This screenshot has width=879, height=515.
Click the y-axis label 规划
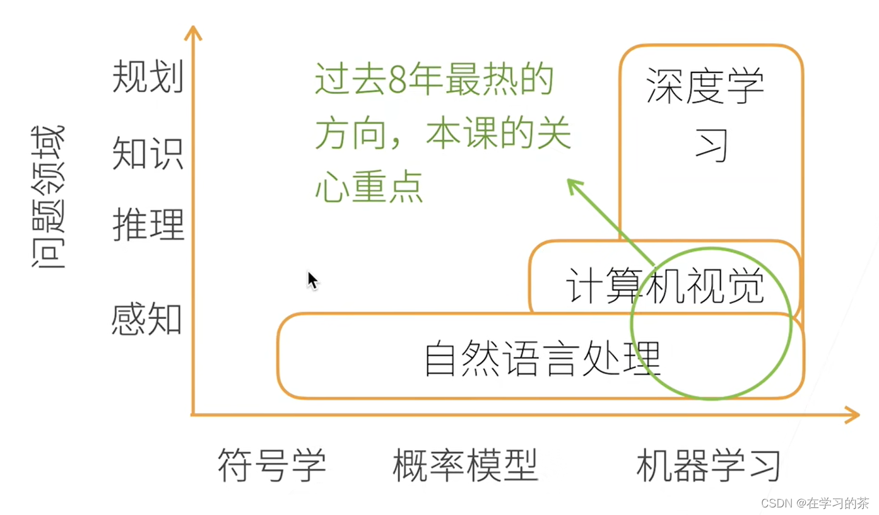click(148, 78)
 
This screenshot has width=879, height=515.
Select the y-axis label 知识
click(148, 153)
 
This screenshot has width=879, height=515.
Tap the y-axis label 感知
click(147, 319)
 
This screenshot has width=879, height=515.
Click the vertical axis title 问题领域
click(48, 197)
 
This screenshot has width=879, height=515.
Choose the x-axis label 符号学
click(272, 466)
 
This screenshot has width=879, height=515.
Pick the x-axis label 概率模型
click(465, 466)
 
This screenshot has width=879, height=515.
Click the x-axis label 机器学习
click(709, 466)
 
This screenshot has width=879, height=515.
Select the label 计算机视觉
click(664, 287)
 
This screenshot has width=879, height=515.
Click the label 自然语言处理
click(543, 359)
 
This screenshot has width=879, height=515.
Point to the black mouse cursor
click(312, 279)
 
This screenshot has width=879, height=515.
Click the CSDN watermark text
click(815, 502)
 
